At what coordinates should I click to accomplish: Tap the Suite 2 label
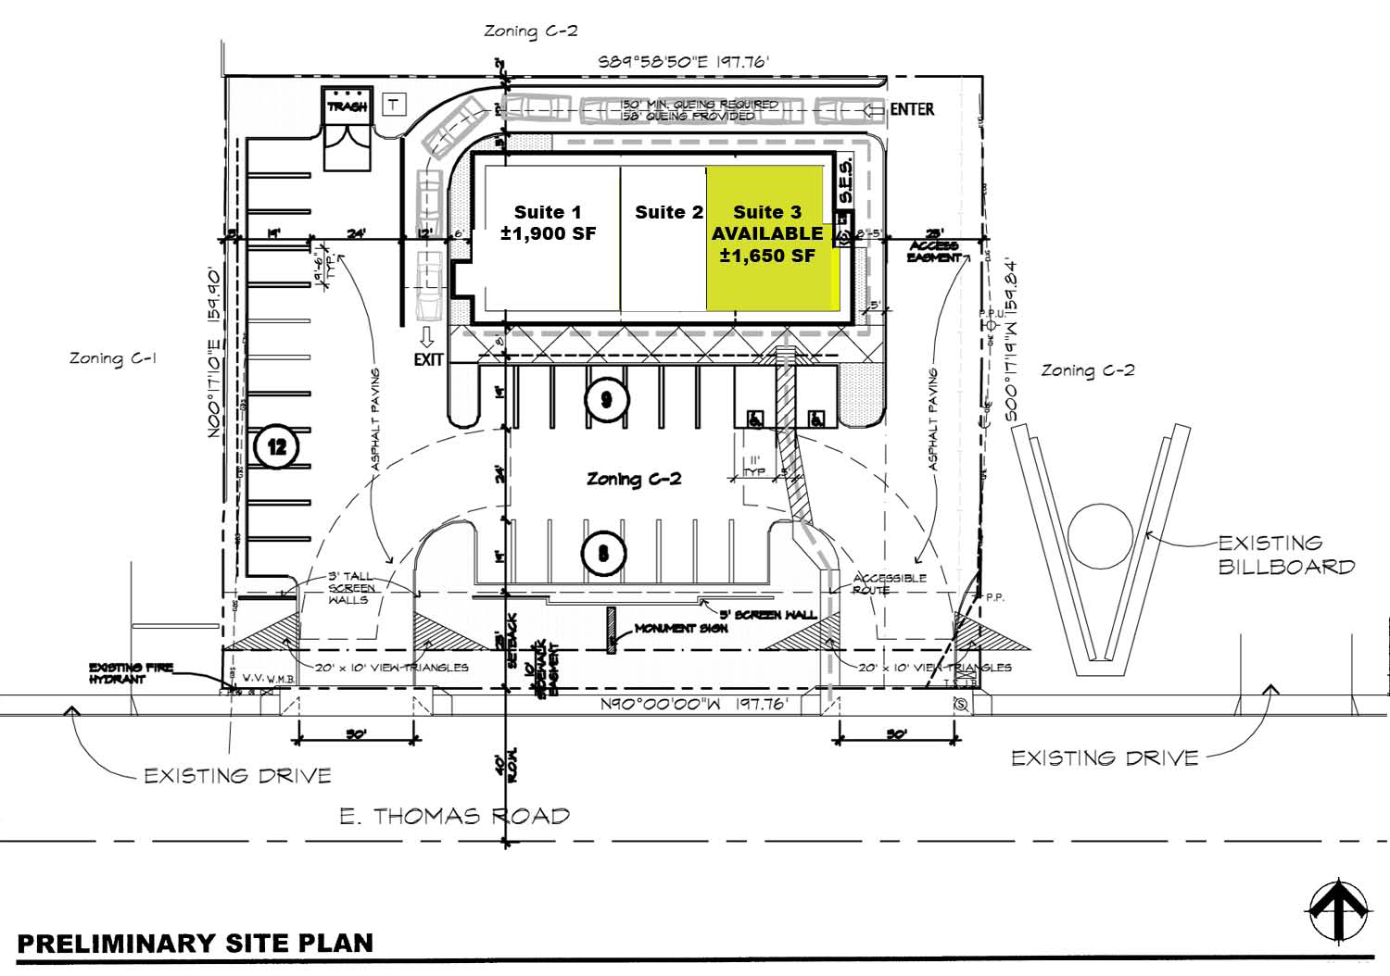click(x=668, y=212)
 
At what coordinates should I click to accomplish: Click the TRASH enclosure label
click(x=347, y=107)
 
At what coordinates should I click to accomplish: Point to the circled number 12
click(x=276, y=447)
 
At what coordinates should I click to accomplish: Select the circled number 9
click(x=606, y=399)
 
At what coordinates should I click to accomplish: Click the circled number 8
click(x=603, y=554)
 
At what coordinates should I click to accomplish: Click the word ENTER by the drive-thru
click(x=912, y=109)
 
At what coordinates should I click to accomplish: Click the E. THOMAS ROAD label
click(x=454, y=816)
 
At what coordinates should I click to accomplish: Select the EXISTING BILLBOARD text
click(x=1285, y=555)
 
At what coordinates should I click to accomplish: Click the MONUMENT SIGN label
click(x=681, y=629)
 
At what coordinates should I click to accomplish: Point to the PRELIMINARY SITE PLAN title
click(x=196, y=944)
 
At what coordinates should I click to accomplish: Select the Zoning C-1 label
click(x=111, y=357)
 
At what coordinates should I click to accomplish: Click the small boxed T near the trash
click(x=395, y=105)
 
